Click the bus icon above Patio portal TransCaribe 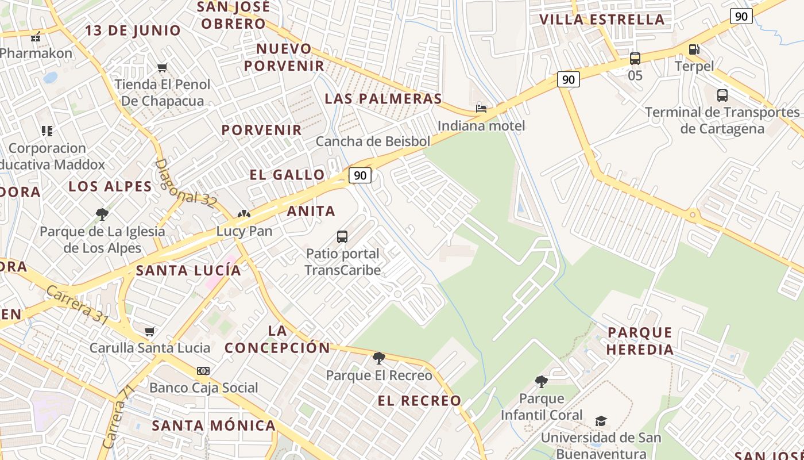click(342, 236)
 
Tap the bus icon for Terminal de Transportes click(722, 95)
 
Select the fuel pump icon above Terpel click(694, 49)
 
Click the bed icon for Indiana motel click(481, 109)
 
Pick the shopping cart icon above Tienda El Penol click(163, 68)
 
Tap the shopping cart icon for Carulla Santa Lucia click(150, 331)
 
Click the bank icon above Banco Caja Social click(203, 371)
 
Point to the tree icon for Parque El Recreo click(379, 358)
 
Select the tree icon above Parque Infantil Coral click(541, 381)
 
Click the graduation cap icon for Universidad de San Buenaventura click(601, 421)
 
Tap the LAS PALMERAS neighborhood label click(384, 99)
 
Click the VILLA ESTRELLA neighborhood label click(602, 20)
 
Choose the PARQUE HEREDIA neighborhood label click(640, 341)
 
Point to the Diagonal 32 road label click(185, 183)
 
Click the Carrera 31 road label click(76, 305)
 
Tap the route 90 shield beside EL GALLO click(360, 175)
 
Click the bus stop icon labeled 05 click(635, 58)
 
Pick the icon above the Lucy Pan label click(244, 214)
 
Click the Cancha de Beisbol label click(373, 141)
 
